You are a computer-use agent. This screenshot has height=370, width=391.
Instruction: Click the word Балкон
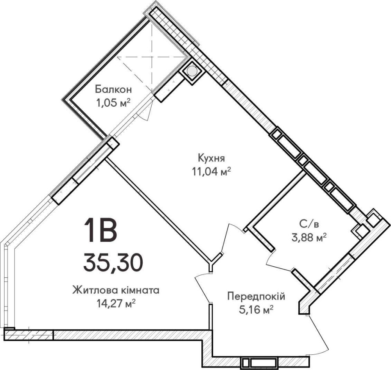[x=113, y=89]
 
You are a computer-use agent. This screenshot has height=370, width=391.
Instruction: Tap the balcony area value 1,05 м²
[x=114, y=103]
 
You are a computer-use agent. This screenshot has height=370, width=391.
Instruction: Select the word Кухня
[x=212, y=158]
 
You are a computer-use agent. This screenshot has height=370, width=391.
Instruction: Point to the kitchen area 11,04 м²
[x=211, y=172]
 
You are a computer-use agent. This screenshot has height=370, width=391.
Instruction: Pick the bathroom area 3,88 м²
[x=309, y=238]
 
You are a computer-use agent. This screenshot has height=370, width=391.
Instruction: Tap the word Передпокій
[x=256, y=297]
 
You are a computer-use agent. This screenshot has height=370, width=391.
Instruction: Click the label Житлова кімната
[x=116, y=291]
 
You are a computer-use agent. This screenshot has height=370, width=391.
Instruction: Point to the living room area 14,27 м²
[x=116, y=304]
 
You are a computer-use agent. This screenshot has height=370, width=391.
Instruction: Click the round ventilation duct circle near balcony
[x=192, y=71]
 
